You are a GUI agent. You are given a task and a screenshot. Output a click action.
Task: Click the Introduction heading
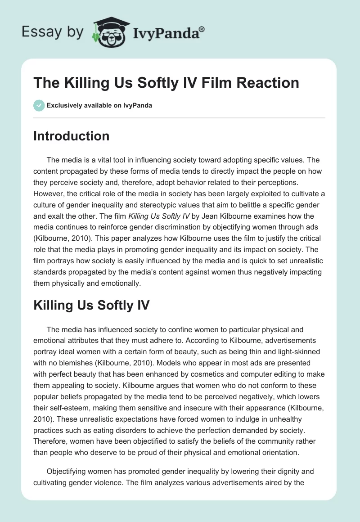pos(71,136)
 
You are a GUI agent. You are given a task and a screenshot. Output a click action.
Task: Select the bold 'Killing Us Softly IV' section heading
pos(91,306)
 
